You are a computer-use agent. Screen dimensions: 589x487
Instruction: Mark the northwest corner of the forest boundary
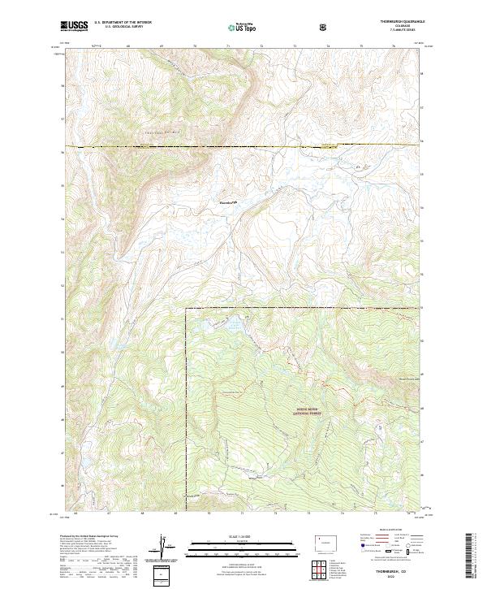pyautogui.click(x=185, y=310)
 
